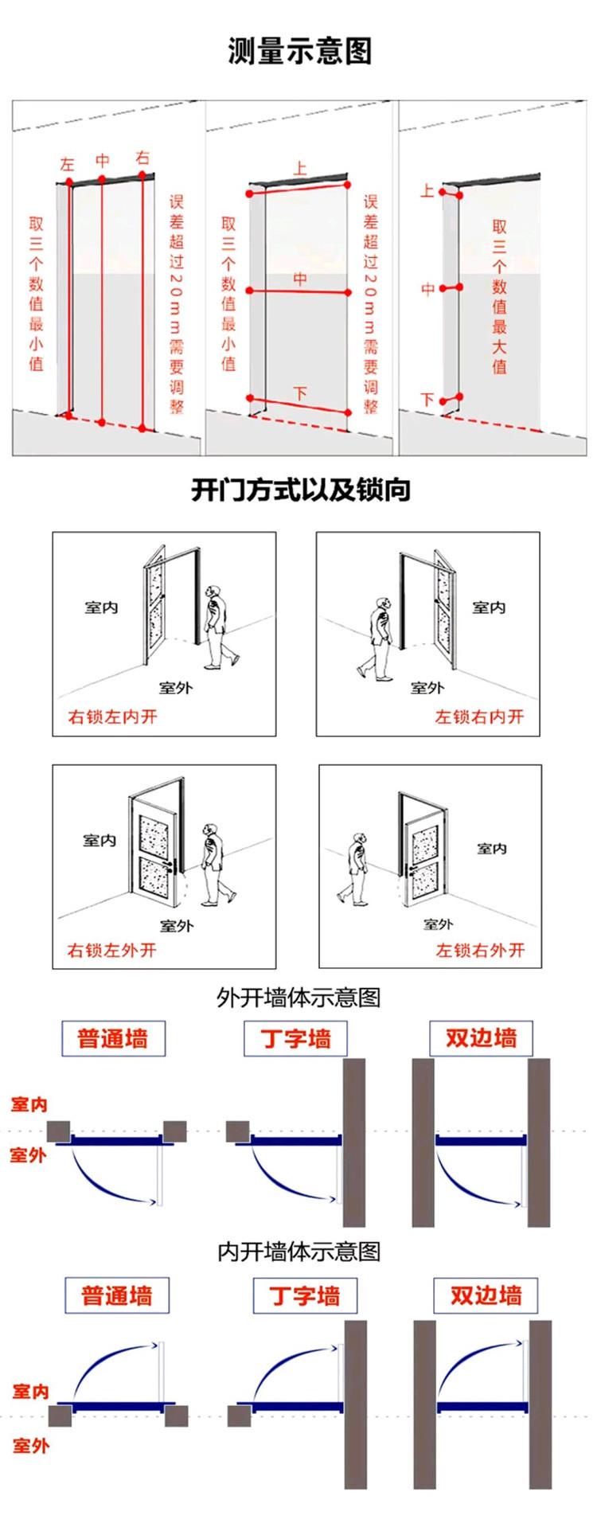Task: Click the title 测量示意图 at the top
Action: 299,52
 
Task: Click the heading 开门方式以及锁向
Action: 300,490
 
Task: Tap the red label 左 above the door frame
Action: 67,165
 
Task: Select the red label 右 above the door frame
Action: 142,158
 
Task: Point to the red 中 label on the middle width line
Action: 300,279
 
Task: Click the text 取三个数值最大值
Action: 499,296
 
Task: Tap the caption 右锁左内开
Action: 113,717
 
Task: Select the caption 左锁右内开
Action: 479,717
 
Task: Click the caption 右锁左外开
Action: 112,950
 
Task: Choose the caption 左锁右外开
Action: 480,950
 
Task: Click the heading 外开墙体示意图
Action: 298,997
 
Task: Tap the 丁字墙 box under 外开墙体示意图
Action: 295,1039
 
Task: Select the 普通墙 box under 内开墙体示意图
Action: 116,1295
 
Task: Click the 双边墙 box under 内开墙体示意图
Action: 485,1295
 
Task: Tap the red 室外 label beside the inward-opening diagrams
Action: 30,1445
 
